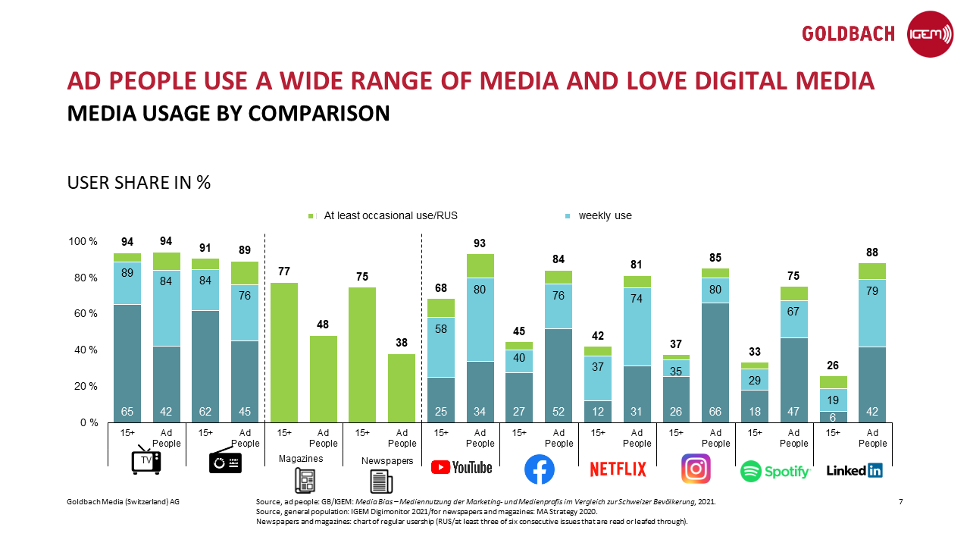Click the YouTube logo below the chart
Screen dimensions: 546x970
click(462, 467)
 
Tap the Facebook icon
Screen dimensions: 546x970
click(540, 470)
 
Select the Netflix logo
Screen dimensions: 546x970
click(618, 470)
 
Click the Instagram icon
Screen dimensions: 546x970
click(696, 469)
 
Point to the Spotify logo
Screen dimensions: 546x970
click(775, 471)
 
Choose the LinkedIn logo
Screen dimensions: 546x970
click(854, 470)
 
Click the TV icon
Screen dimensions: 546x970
click(146, 460)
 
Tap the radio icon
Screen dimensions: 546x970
click(225, 461)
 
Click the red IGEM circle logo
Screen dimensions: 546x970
click(930, 34)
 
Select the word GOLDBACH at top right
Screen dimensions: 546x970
click(848, 34)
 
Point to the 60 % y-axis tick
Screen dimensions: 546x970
click(83, 314)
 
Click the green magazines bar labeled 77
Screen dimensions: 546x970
click(284, 352)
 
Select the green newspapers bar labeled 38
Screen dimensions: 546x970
click(402, 388)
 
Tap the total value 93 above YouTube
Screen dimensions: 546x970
click(480, 244)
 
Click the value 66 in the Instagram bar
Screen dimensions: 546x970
click(715, 412)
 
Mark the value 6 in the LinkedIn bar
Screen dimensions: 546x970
click(832, 416)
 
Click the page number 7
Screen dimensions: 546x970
click(900, 502)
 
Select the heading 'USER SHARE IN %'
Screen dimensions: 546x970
click(139, 183)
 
